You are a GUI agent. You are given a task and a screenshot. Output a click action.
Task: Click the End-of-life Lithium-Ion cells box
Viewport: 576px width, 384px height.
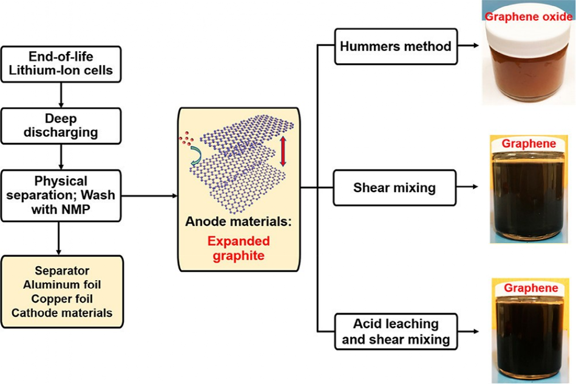coord(60,64)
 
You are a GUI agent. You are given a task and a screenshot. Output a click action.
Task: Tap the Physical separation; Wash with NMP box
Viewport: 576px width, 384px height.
coord(60,196)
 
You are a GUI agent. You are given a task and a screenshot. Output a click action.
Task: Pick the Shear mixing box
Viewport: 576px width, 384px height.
coord(394,187)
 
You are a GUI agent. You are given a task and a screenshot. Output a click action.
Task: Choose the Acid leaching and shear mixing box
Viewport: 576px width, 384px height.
coord(396,331)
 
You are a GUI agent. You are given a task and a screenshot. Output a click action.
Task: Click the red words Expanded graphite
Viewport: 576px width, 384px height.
coord(239,248)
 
